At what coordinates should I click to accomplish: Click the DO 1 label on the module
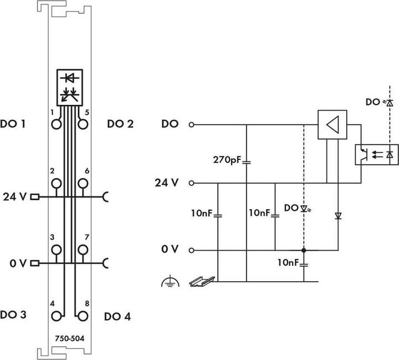(x=16, y=124)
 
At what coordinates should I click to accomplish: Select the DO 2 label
(x=120, y=124)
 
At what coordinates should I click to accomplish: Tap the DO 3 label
(x=16, y=315)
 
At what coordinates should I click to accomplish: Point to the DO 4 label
(x=117, y=317)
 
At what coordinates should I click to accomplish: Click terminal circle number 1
(x=56, y=124)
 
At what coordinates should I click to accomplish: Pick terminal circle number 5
(x=83, y=124)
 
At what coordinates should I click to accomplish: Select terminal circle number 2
(x=56, y=183)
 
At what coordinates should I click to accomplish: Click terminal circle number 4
(x=56, y=316)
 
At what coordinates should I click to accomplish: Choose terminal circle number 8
(x=83, y=316)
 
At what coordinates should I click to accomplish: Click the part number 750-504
(x=69, y=337)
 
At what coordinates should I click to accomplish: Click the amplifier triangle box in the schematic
(x=332, y=124)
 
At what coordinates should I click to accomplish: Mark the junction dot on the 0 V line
(x=304, y=250)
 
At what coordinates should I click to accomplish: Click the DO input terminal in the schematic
(x=191, y=124)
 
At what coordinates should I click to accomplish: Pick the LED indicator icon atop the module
(x=69, y=87)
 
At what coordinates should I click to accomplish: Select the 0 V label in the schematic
(x=170, y=250)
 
